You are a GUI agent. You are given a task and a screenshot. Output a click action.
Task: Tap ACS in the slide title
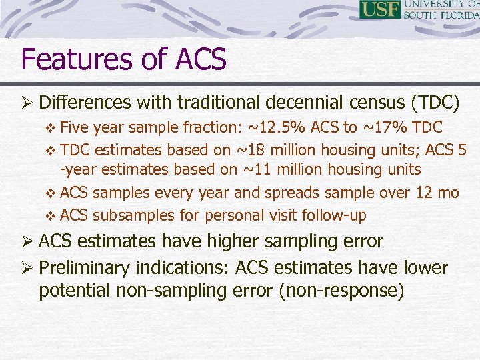[x=201, y=59]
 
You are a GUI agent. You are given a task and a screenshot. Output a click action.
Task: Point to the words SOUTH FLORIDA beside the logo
[x=441, y=15]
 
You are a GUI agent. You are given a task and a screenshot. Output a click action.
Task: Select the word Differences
[x=85, y=103]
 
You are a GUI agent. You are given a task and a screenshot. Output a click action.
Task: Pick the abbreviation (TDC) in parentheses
[x=435, y=103]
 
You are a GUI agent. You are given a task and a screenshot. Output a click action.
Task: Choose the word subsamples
[x=133, y=215]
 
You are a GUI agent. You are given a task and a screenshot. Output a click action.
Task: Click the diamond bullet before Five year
[x=54, y=127]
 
